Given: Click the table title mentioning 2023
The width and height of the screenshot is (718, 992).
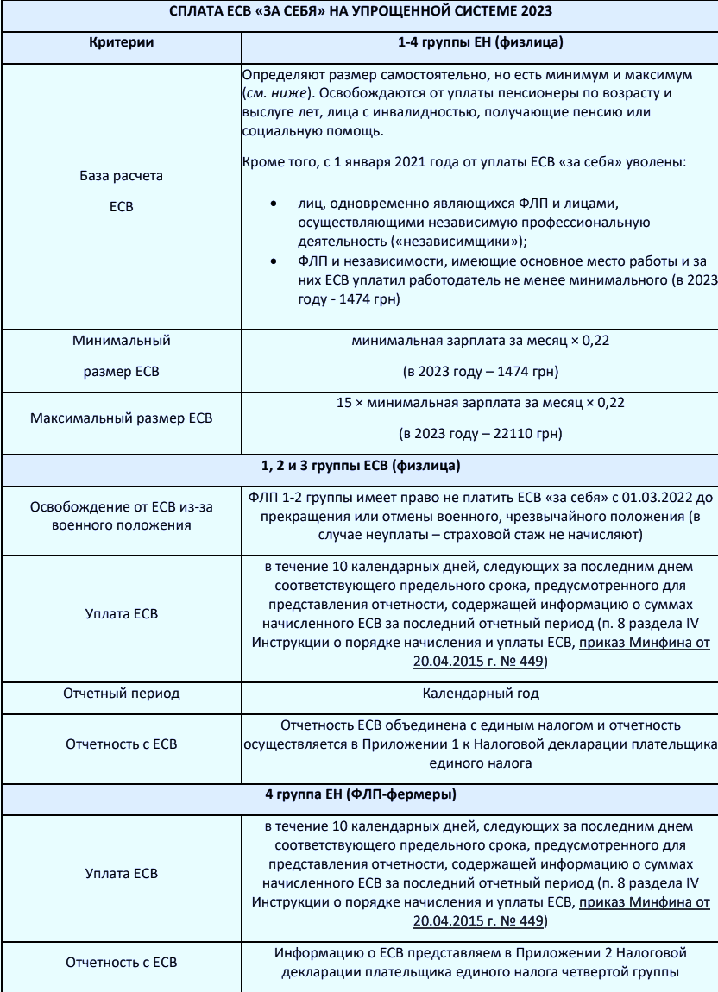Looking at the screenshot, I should click(x=358, y=15).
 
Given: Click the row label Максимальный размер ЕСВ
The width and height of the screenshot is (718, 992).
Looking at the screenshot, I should click(x=121, y=418).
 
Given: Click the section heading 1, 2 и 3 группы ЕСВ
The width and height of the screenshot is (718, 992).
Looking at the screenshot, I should click(x=358, y=467).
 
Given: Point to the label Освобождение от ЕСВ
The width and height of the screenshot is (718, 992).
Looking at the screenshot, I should click(x=121, y=505).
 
